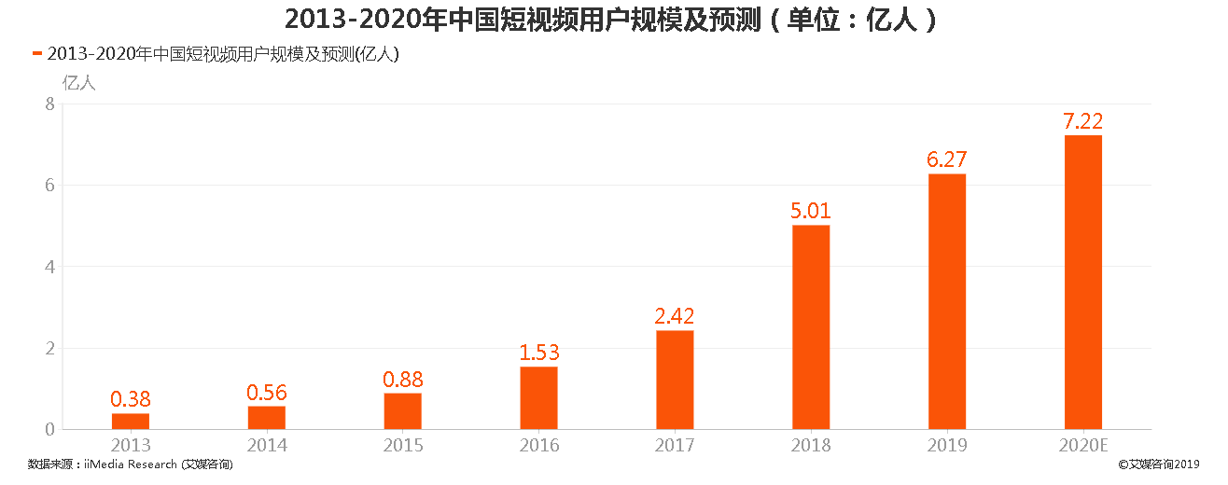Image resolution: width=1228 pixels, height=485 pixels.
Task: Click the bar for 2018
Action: click(810, 327)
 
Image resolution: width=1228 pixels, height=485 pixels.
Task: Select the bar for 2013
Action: click(130, 422)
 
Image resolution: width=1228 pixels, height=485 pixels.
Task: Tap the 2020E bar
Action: click(1082, 283)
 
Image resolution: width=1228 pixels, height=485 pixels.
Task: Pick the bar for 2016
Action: click(538, 398)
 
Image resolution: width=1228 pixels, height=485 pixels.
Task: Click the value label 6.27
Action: click(946, 160)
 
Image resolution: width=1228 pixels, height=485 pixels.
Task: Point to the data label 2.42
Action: click(674, 317)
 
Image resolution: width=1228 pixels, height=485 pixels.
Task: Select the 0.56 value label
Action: click(266, 393)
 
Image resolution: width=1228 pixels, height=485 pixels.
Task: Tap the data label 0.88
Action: click(402, 380)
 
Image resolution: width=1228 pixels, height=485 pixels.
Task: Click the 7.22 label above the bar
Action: click(1082, 121)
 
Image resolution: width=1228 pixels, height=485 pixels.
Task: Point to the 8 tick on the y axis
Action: click(49, 104)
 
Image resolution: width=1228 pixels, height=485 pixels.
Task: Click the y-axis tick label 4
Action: click(49, 267)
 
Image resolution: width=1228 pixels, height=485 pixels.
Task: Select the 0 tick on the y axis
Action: click(49, 430)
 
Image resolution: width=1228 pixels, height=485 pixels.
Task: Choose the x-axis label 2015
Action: click(402, 446)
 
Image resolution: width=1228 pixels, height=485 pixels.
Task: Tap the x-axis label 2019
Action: click(946, 446)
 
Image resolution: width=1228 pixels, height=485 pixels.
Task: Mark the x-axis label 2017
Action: click(674, 446)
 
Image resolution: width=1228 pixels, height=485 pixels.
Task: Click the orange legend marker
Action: click(36, 54)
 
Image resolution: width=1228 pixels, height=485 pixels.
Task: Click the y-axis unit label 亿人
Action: click(78, 82)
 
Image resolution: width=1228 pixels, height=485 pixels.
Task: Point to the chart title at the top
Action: click(610, 20)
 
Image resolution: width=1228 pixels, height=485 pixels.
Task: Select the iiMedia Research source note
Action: click(130, 464)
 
